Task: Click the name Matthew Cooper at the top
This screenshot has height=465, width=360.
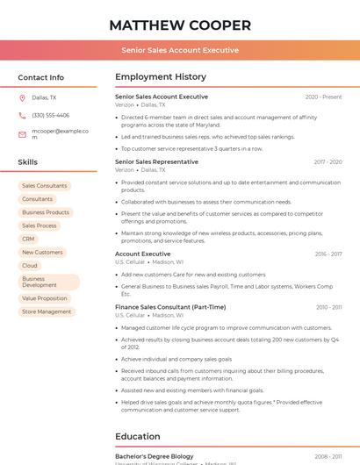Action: (x=180, y=25)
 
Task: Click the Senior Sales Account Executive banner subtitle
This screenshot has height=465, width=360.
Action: (x=180, y=50)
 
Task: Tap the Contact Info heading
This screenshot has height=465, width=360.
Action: (x=40, y=77)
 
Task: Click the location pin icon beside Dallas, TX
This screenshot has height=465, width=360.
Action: (x=22, y=97)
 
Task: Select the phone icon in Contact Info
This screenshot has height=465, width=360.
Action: (x=22, y=115)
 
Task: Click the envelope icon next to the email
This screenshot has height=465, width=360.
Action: (x=22, y=134)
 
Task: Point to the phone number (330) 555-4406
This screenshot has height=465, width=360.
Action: (x=50, y=115)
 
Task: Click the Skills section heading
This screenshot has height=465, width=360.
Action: (x=28, y=162)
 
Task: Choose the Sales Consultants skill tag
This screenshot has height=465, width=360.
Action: (x=44, y=186)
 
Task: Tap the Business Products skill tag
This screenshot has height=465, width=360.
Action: (x=46, y=212)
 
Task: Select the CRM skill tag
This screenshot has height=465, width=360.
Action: (x=28, y=239)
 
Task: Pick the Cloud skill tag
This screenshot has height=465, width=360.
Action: (x=30, y=265)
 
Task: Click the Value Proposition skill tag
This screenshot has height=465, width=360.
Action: (x=45, y=298)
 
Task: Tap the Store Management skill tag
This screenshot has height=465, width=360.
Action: (x=47, y=311)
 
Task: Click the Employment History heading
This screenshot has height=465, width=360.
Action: (x=161, y=77)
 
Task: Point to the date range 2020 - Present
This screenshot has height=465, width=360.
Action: (x=323, y=97)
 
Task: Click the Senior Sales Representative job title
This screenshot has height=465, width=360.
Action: (x=156, y=161)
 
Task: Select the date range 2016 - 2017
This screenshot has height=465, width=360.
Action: (x=328, y=254)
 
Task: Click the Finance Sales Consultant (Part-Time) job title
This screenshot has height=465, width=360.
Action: (x=170, y=307)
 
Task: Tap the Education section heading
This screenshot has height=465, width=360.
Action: (x=138, y=435)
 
